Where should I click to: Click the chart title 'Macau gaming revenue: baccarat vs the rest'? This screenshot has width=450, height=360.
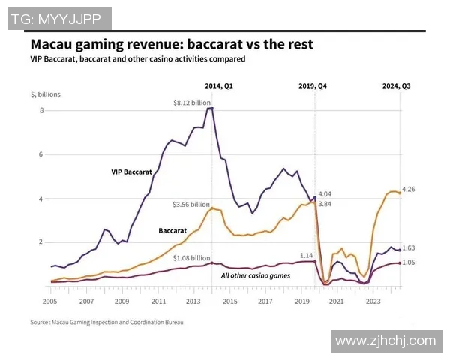tap(172, 44)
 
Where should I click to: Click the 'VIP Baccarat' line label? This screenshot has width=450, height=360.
tap(132, 172)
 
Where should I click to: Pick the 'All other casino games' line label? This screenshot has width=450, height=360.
tap(256, 275)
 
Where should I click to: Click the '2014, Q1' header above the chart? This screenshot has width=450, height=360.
tap(219, 86)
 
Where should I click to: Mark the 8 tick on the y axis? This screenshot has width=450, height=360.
tap(42, 111)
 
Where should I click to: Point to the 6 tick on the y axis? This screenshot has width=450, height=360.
tap(42, 155)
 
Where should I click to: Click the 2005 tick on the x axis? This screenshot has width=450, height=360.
tap(50, 300)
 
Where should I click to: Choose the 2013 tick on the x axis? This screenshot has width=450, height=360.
tap(194, 300)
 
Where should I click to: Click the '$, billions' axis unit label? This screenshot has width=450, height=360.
tap(46, 94)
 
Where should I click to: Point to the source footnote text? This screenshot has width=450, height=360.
tap(106, 322)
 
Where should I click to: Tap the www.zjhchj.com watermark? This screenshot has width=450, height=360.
tap(385, 340)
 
